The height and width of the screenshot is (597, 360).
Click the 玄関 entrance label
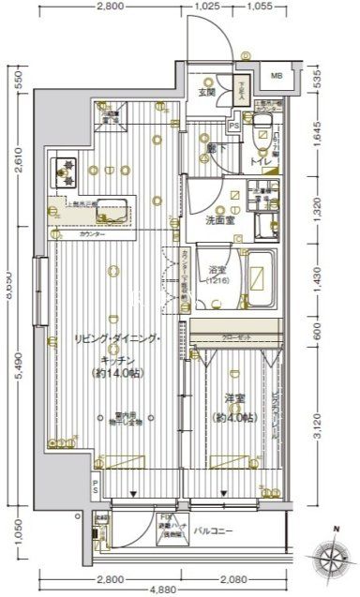point(206,91)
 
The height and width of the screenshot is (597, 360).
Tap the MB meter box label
point(277,76)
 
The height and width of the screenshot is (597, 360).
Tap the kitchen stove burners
point(68,172)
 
